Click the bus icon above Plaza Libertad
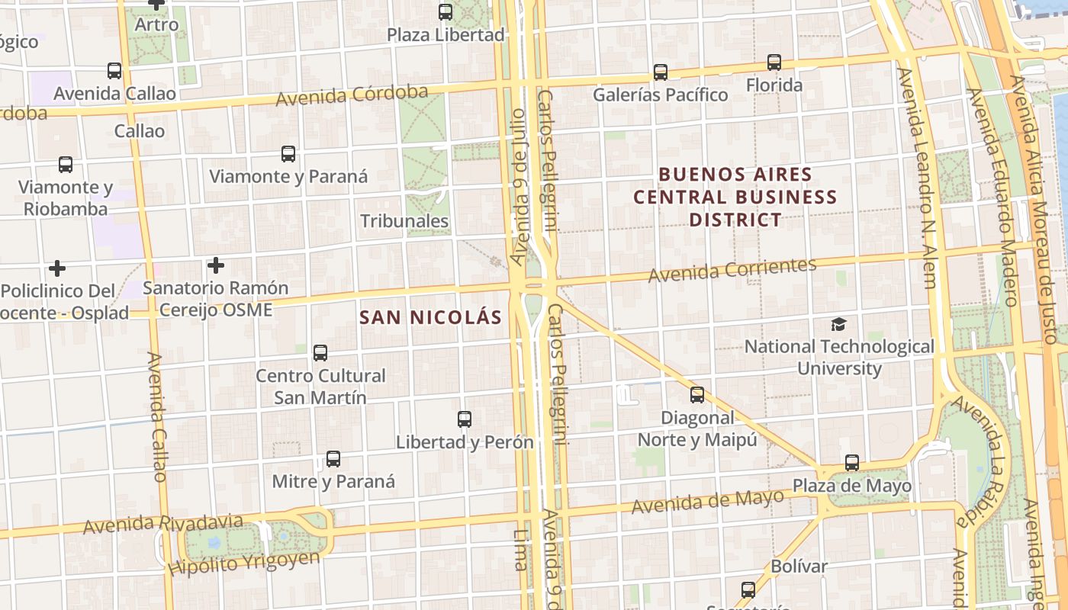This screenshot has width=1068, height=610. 446,12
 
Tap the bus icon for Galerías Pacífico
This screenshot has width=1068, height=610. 661,72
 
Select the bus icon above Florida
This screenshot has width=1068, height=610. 774,63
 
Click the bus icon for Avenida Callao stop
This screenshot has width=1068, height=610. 114,71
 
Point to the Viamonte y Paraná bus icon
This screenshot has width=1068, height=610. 288,154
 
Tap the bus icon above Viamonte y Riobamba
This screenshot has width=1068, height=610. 66,165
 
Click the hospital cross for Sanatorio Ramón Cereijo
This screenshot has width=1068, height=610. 216,265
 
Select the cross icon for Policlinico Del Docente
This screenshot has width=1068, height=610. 57,268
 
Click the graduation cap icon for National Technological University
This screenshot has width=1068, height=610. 838,325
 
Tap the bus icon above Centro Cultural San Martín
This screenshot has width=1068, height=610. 320,353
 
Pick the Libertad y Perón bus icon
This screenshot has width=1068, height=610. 465,419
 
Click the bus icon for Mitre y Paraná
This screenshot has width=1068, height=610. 333,459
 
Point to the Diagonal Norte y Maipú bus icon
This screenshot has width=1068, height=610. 697,395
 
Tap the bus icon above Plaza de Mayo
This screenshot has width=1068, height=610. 852,463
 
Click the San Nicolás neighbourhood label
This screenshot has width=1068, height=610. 431,318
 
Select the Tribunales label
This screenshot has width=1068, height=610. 404,222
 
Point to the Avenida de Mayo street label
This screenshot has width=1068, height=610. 707,501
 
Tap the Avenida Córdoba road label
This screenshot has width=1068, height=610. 352,95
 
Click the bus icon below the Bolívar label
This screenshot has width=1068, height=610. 748,590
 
